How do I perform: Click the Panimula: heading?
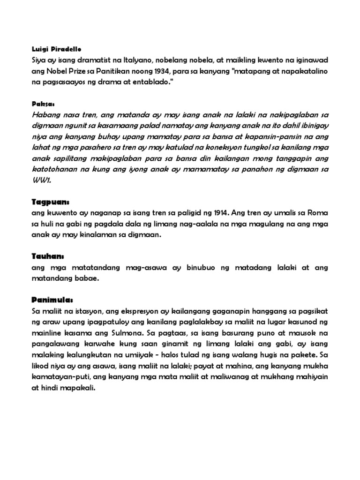pos(52,299)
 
